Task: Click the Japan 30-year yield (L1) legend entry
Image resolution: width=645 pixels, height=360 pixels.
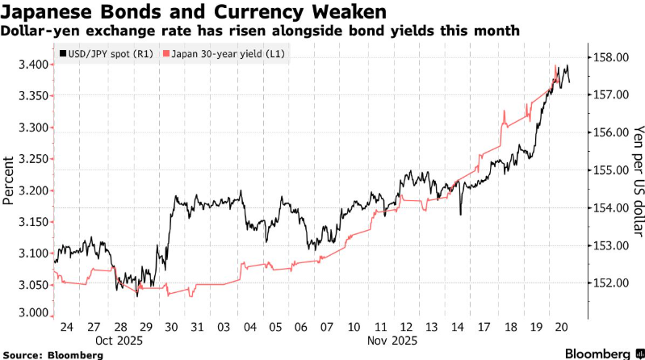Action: [x=228, y=54]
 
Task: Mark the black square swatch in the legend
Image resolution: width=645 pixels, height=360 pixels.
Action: [x=62, y=54]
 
